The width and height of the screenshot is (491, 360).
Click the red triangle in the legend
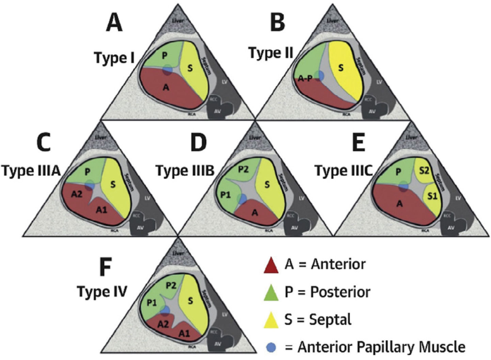coord(271,265)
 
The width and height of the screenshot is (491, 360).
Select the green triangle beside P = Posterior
coord(271,293)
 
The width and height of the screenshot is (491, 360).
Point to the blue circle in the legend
coord(271,347)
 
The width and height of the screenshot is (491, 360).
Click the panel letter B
coord(277,23)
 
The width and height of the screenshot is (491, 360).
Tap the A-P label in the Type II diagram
coord(305,79)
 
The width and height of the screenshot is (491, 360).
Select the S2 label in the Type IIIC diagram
coord(424,171)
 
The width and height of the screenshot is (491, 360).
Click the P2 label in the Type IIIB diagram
coord(243,169)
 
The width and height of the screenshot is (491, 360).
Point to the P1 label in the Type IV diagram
coord(152,302)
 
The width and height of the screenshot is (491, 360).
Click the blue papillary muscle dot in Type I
coord(167,69)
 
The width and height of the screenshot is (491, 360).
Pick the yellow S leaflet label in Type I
coord(190,68)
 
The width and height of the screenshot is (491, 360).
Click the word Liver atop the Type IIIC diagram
coord(412,137)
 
